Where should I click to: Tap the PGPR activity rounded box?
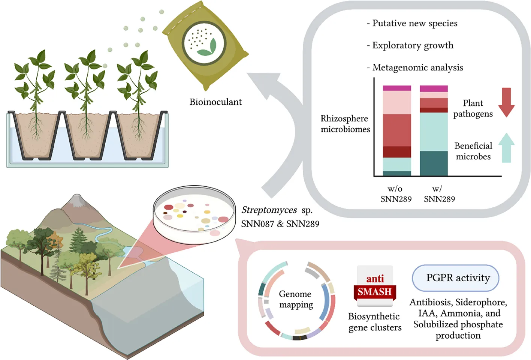[456, 278]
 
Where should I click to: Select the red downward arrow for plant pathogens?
[506, 102]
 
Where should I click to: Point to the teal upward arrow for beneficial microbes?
[506, 148]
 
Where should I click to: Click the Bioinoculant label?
[215, 102]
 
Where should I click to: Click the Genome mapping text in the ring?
[296, 299]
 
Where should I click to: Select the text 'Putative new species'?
[414, 23]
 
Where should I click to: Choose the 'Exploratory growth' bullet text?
[413, 45]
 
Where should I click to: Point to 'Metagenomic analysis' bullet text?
[417, 67]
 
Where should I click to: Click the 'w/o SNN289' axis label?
[396, 194]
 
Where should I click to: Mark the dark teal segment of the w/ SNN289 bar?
[434, 163]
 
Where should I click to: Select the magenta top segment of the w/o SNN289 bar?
[397, 88]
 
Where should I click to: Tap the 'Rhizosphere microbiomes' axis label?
[345, 124]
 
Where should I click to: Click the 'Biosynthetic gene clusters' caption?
[374, 322]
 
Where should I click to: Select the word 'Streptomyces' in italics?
[269, 210]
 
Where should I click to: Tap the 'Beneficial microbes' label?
[473, 151]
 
